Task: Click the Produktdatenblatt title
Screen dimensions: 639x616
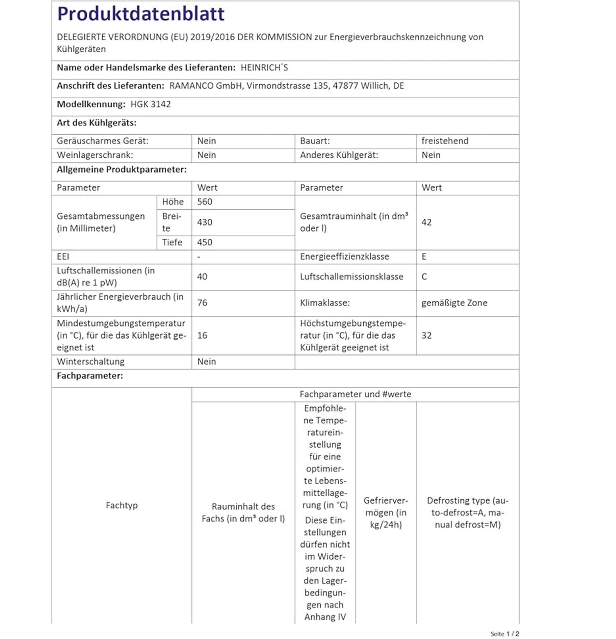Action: click(x=141, y=14)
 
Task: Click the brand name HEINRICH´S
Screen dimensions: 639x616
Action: click(x=264, y=68)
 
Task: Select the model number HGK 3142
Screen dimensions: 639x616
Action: click(x=150, y=104)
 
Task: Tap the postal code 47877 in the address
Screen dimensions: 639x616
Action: click(x=345, y=86)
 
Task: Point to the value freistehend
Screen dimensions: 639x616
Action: click(x=445, y=141)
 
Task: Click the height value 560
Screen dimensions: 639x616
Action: click(x=204, y=202)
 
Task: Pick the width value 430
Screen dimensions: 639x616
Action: click(x=204, y=222)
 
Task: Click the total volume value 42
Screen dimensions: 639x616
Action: click(x=426, y=222)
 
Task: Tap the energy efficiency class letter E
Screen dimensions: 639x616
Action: click(x=424, y=257)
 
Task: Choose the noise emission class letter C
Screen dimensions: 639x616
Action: click(x=424, y=277)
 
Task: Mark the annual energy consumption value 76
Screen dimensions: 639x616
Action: click(x=202, y=303)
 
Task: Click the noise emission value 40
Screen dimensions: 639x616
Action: click(x=202, y=277)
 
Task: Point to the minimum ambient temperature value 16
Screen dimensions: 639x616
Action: click(x=202, y=335)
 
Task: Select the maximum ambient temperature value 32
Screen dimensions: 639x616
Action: click(x=426, y=335)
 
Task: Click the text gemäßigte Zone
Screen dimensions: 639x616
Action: click(x=454, y=303)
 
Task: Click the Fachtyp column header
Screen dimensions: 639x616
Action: click(x=122, y=505)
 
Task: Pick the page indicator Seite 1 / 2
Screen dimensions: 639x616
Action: click(x=504, y=634)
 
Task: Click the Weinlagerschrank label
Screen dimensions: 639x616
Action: click(x=95, y=155)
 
